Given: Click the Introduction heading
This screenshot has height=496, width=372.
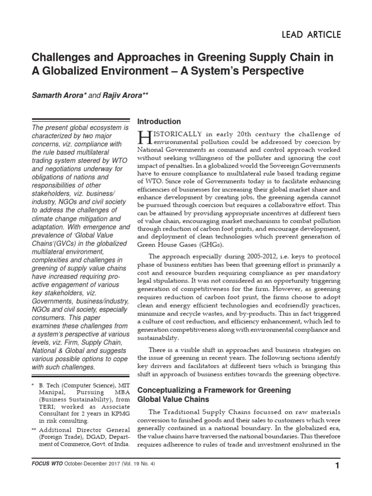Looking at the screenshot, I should [159, 121].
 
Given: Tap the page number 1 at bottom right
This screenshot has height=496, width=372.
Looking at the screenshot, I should [337, 480].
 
